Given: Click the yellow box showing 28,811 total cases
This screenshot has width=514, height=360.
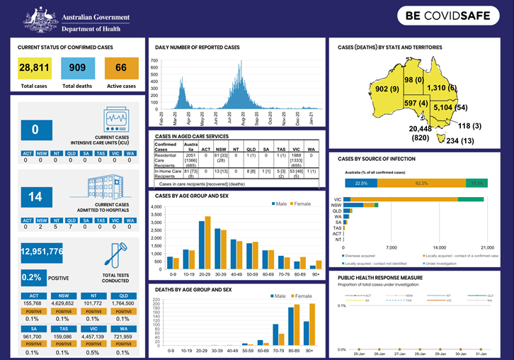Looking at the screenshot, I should [x=34, y=69].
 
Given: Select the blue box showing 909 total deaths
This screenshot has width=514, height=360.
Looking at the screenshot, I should [x=76, y=69].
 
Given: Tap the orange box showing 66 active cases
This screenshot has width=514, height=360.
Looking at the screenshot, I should [x=120, y=69].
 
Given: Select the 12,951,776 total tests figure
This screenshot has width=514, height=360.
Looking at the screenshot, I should [x=42, y=252].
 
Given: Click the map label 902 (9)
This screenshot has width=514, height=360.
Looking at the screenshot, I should [x=387, y=89].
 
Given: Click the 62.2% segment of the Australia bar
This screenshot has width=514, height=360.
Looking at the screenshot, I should [x=421, y=183].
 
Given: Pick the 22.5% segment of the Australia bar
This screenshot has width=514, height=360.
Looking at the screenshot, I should [x=361, y=183].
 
